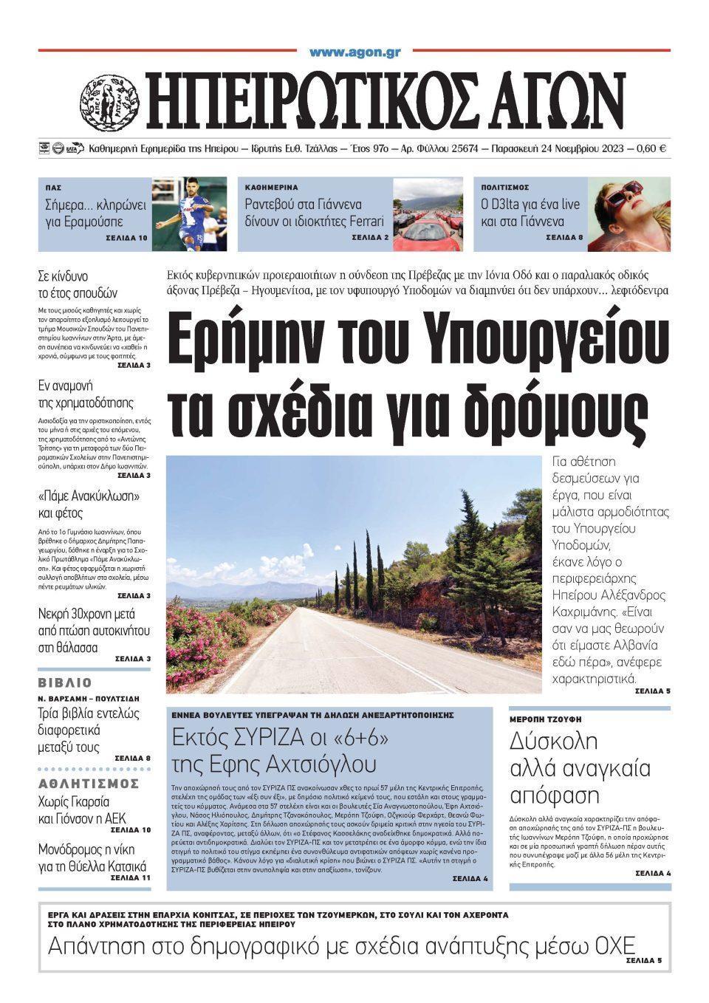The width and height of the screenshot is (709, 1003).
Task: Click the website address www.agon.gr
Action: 354,52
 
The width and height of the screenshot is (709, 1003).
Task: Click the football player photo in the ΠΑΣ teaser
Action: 191,214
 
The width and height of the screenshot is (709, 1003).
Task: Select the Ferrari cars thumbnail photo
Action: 428,214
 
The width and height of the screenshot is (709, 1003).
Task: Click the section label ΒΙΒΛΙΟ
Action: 65,682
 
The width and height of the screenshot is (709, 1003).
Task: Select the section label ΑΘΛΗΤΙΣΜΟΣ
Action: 89,783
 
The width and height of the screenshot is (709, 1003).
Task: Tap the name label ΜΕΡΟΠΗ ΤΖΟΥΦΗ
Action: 545,719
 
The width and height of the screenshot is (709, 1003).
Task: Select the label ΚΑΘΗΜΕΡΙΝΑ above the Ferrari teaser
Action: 271,188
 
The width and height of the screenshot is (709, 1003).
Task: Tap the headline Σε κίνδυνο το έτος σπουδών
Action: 78,285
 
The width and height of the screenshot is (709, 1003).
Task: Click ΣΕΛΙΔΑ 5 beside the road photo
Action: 652,691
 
